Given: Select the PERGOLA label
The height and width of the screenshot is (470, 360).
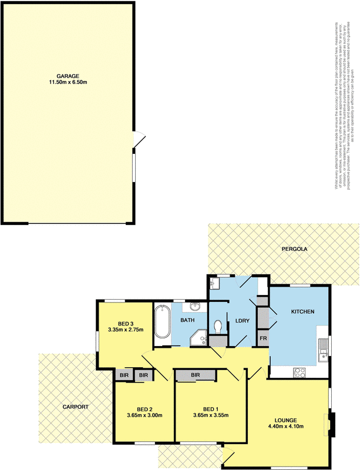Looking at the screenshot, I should [x=294, y=249].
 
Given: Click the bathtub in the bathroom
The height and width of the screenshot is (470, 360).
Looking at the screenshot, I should [x=162, y=321].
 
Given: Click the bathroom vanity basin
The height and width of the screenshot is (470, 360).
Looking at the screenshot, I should [x=196, y=306].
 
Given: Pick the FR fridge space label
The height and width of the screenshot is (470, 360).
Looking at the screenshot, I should [x=263, y=340].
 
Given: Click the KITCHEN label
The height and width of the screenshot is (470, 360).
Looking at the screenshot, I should [x=303, y=311].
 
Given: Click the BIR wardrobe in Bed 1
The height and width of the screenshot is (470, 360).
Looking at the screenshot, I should [x=195, y=375].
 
